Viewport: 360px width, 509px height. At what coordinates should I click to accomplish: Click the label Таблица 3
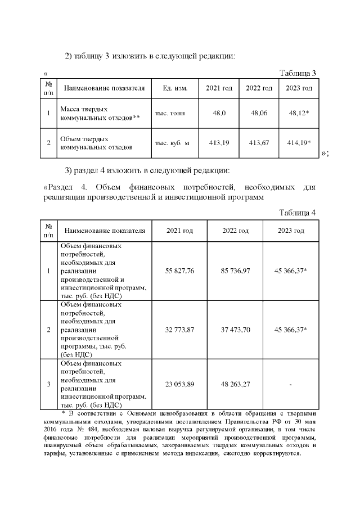coord(298,73)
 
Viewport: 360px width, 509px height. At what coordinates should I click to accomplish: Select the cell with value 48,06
coord(259,113)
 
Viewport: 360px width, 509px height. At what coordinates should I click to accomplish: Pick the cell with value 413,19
coord(219,143)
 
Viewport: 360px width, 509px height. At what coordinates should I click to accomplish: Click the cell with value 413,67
coord(259,143)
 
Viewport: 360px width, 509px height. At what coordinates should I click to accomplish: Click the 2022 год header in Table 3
coord(259,88)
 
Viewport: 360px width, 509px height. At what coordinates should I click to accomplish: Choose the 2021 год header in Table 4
coord(179,231)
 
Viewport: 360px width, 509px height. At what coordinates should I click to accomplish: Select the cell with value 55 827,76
coord(179,271)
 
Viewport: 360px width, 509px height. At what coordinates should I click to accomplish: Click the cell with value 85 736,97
coord(236,271)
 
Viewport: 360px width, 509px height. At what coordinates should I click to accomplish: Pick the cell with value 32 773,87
coord(179,329)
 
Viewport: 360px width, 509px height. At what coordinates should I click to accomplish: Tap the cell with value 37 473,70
coord(236,329)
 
